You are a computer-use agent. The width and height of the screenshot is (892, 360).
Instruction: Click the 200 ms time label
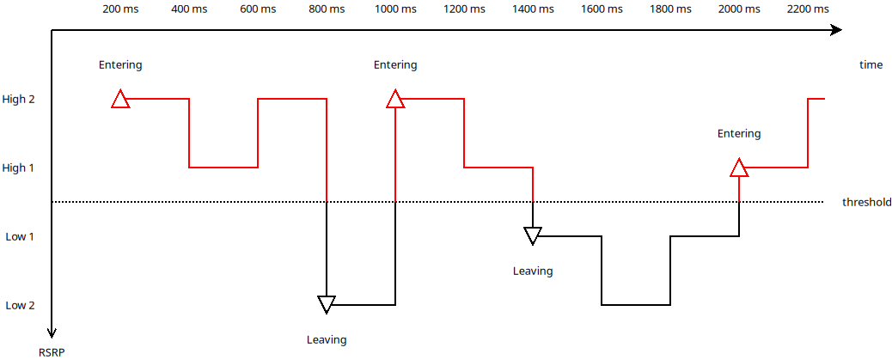coord(120,9)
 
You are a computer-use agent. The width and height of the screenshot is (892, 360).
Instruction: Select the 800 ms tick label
coord(327,9)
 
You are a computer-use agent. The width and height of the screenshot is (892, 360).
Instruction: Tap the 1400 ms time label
coord(533,9)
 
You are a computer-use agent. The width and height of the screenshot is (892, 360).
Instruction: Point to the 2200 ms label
coord(808,9)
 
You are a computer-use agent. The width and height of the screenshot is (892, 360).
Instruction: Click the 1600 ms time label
coord(602,9)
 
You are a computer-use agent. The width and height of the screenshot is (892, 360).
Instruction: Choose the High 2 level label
coord(18,100)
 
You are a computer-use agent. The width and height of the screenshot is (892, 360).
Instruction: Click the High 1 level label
coord(18,168)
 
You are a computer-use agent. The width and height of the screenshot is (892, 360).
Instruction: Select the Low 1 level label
coord(20,236)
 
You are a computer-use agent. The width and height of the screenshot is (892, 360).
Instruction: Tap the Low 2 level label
coord(20,305)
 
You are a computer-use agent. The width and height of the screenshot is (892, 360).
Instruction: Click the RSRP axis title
coord(52,352)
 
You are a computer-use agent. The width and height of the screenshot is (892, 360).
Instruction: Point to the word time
coord(871,64)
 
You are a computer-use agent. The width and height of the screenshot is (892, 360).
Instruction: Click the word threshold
coord(866,202)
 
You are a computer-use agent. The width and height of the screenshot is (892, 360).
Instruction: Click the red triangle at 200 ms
coord(120,99)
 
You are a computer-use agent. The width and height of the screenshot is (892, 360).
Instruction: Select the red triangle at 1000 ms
coord(395,99)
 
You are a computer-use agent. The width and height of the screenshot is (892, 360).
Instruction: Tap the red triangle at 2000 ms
coord(739,168)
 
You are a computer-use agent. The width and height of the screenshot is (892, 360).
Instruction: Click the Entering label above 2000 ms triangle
coord(739,134)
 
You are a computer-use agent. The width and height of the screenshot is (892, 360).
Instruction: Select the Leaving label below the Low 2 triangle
coord(327,340)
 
